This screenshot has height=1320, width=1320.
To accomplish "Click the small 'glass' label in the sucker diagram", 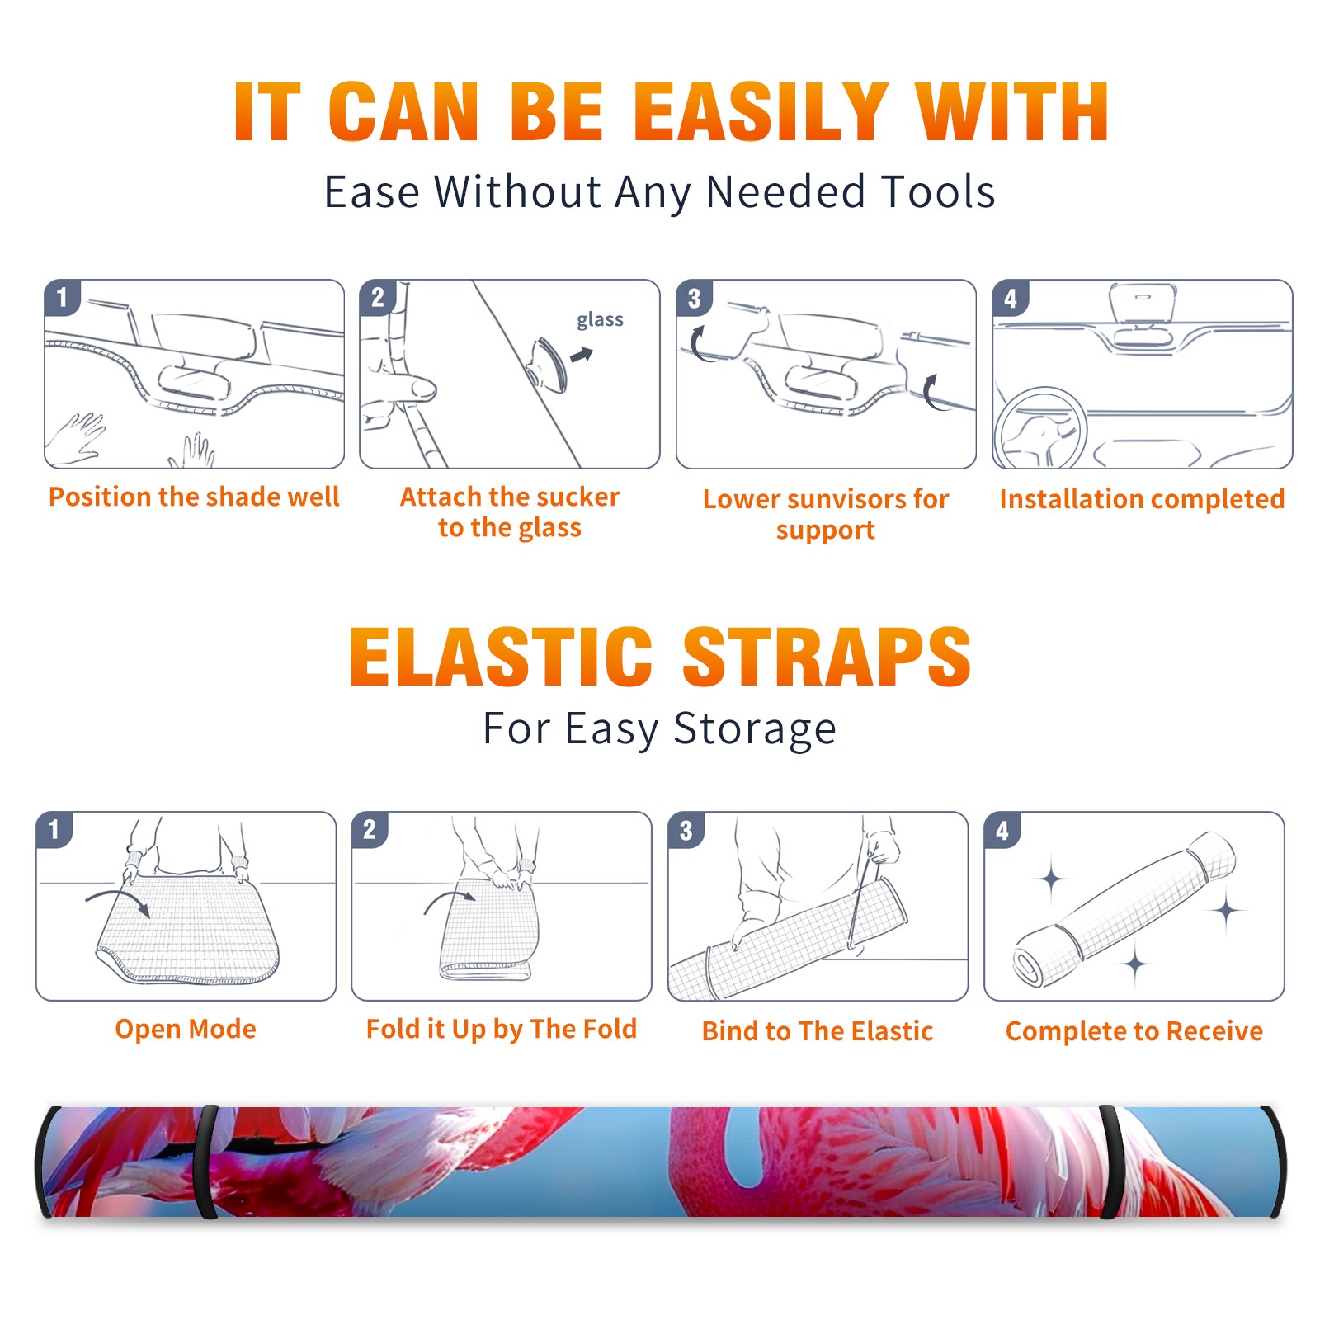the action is [600, 320].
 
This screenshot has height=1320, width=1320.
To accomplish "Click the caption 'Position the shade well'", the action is [194, 497].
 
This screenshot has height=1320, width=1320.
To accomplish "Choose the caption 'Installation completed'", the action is [1142, 498].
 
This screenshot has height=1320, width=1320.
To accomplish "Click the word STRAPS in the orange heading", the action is [827, 657].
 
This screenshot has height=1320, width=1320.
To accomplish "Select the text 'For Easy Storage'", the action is [660, 728].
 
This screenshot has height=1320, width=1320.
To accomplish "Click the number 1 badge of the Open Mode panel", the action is [54, 829].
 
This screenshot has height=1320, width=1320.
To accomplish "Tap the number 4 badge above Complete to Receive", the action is [1002, 830].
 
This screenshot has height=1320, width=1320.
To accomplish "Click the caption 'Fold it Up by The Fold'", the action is [502, 1030].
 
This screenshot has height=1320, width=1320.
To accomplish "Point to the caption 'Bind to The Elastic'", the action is [818, 1031].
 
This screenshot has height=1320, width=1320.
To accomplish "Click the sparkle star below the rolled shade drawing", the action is [1135, 964].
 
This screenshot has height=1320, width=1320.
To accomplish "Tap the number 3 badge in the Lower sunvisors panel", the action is [694, 298].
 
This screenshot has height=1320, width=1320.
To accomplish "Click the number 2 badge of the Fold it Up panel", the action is [370, 829].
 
